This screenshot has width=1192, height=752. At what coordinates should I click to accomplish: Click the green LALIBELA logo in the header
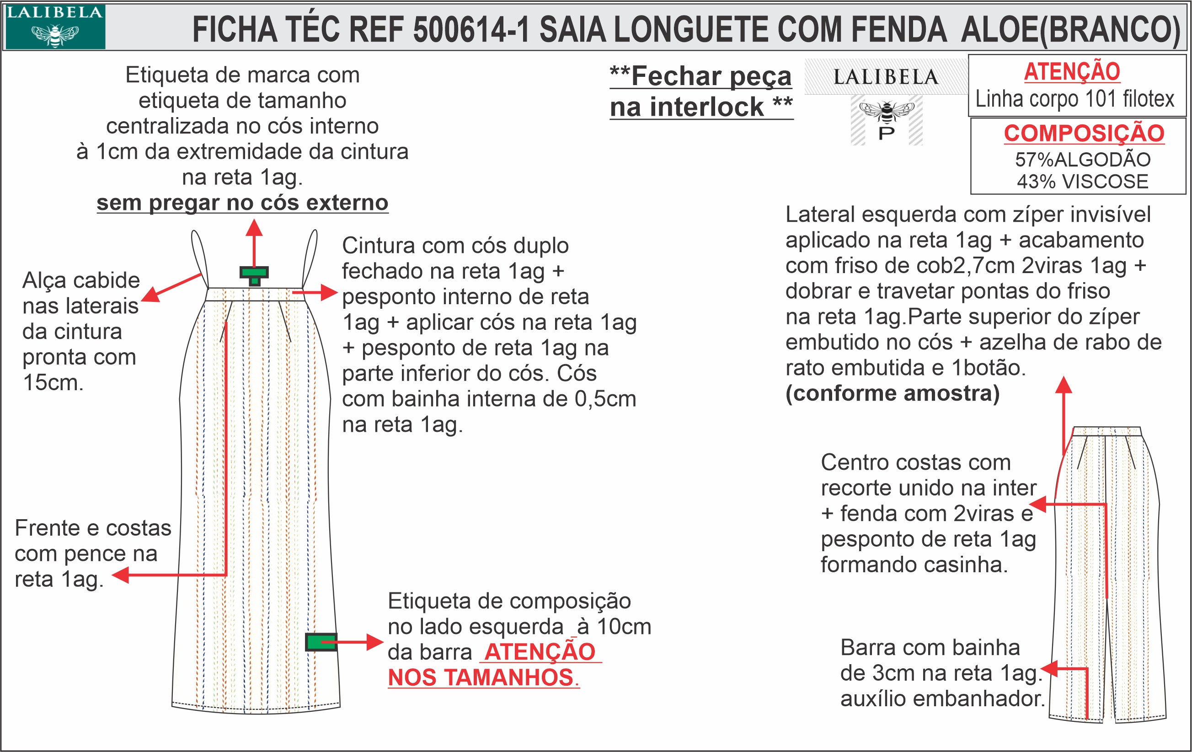(54, 26)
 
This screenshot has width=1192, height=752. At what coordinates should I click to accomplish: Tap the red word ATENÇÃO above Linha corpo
(1072, 72)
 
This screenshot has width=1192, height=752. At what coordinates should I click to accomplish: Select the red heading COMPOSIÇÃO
(1084, 133)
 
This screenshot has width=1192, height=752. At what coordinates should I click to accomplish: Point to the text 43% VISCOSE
(1083, 182)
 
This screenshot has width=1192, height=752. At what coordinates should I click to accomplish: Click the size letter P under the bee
(886, 133)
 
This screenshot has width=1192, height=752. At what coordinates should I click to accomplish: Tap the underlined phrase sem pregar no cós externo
(242, 203)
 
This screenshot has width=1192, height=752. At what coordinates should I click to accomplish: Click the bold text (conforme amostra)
(892, 393)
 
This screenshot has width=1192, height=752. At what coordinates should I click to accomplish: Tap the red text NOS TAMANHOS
(480, 678)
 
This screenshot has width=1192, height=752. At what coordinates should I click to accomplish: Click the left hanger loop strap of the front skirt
(199, 258)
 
